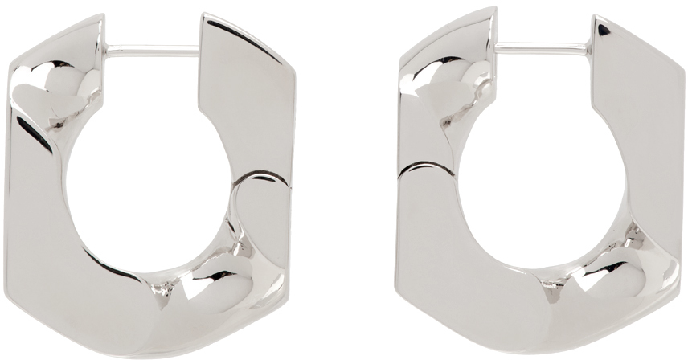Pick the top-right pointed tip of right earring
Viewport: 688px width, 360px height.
pos(596,18)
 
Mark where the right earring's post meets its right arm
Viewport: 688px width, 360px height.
pos(592,50)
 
